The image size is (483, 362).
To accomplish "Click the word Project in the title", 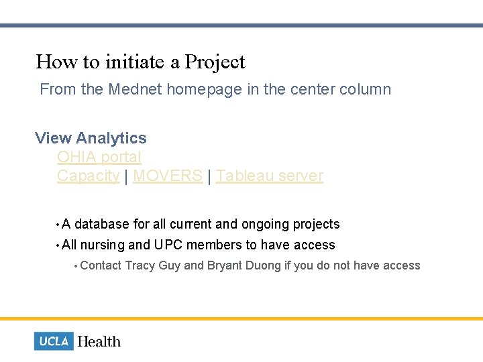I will point(215,62).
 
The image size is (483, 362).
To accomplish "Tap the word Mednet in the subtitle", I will point(135,89).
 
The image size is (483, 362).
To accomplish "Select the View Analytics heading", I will point(91,138).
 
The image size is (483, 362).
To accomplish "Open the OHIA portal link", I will point(99,157).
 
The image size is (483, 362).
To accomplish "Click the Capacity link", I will point(88,176).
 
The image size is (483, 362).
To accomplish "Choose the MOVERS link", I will point(168,176).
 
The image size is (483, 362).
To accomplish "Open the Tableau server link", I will point(269,176).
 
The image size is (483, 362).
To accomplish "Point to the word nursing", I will point(102,245).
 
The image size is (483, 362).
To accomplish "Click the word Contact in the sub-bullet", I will point(101,265).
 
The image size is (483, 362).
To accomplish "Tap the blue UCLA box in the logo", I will point(54,341).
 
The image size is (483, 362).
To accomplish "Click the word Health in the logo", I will point(99,341).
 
